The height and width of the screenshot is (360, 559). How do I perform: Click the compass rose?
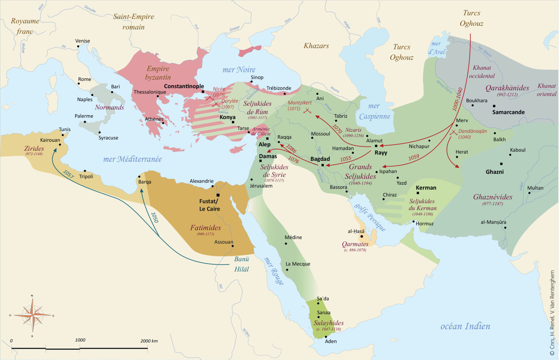click(32, 315)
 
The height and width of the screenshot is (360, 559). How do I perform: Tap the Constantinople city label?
click(184, 86)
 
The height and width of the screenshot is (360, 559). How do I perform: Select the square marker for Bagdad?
click(323, 165)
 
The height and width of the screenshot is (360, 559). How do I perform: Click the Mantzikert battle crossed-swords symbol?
click(307, 111)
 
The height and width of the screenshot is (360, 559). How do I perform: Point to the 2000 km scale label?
click(149, 341)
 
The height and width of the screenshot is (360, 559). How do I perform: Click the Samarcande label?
click(508, 112)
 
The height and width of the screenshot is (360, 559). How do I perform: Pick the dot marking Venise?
click(78, 46)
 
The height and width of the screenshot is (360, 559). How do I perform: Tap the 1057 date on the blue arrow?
click(68, 174)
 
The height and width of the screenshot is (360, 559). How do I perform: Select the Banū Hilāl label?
click(242, 264)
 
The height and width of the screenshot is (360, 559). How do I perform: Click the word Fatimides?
click(206, 228)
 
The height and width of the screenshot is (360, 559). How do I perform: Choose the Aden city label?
click(331, 341)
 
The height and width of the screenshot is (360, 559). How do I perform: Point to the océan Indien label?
click(465, 326)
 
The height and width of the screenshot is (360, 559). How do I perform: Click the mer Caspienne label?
click(374, 111)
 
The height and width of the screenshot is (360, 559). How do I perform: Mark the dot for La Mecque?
click(287, 270)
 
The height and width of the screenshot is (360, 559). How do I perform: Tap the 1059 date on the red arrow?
click(414, 157)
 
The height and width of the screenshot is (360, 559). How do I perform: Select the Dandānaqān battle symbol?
click(453, 133)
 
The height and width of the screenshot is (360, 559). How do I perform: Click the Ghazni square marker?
click(501, 164)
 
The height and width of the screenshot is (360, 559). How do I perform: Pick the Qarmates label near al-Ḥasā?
click(355, 244)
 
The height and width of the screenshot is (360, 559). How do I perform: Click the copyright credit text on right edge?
click(552, 312)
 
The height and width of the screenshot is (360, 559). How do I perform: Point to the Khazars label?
click(316, 46)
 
